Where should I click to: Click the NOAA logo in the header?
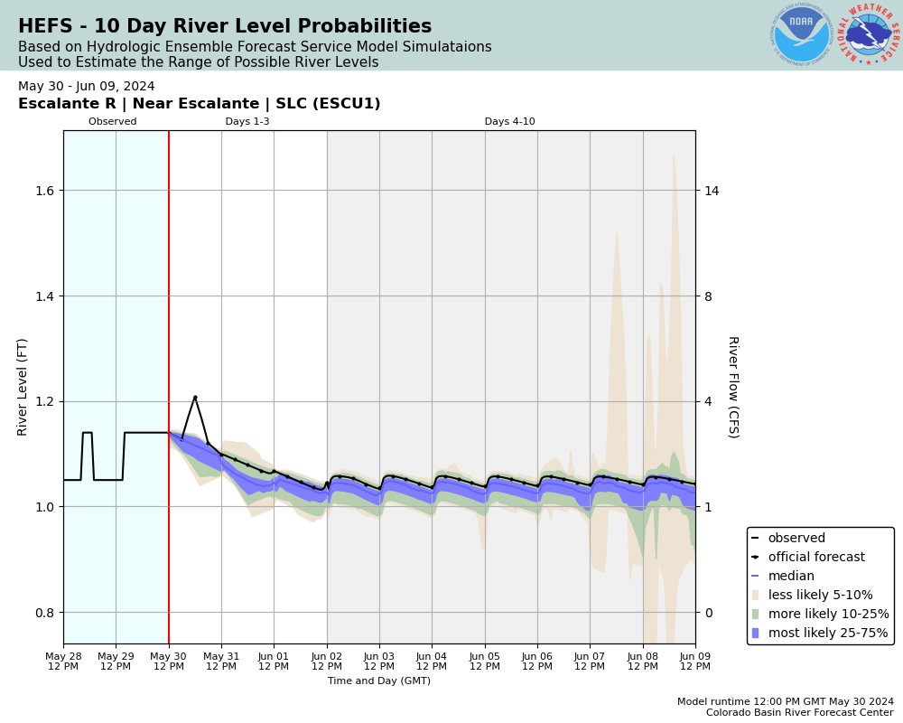[x=801, y=34]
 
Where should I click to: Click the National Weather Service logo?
[x=869, y=34]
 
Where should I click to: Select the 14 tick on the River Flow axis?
[x=712, y=191]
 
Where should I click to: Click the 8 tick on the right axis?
[x=709, y=296]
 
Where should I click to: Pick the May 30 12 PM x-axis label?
[x=169, y=662]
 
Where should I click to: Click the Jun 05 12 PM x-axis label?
[x=485, y=662]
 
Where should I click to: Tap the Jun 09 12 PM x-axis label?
[x=694, y=662]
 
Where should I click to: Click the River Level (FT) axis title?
[x=23, y=387]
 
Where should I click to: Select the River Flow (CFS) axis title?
[x=732, y=387]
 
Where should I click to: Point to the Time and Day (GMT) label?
[x=379, y=681]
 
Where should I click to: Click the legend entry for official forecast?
[x=815, y=558]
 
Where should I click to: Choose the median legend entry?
[x=790, y=577]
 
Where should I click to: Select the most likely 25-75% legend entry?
[x=827, y=634]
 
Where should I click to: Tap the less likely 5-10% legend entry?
[x=820, y=596]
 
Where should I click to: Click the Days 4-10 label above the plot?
[x=509, y=122]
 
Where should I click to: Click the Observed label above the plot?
[x=113, y=122]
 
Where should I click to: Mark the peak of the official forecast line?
[x=195, y=397]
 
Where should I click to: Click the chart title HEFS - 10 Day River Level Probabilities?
[x=225, y=27]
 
